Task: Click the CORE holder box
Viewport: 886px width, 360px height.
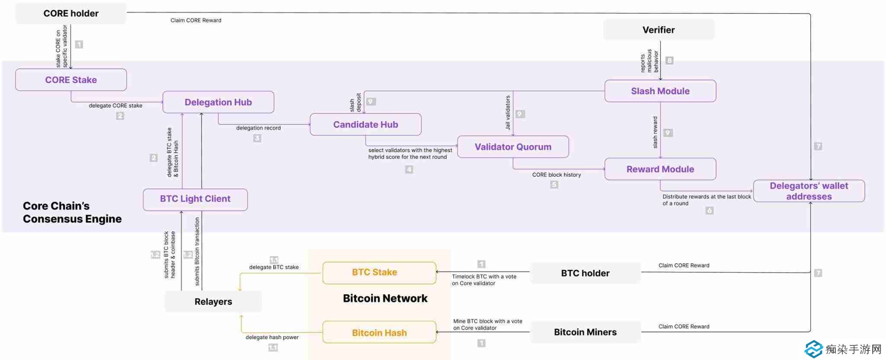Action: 71,13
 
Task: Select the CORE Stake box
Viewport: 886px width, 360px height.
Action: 71,80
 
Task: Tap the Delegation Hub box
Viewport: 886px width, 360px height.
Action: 218,102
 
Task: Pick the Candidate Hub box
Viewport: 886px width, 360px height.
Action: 366,125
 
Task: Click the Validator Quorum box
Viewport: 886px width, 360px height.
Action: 513,147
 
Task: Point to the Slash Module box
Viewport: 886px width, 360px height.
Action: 660,91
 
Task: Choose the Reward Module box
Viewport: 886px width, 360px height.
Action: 660,169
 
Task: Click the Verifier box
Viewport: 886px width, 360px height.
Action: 658,30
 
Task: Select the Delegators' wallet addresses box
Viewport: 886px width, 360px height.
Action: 809,191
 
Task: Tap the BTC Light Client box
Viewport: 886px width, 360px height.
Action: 195,199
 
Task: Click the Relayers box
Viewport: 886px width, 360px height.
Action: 213,302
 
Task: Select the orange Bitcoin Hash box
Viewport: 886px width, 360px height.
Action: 379,333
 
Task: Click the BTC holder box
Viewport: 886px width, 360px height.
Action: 585,273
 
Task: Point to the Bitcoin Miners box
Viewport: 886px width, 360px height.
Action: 585,332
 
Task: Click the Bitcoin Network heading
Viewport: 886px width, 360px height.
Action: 385,299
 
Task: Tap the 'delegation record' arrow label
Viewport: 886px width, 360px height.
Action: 258,128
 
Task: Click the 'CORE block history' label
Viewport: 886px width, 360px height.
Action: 556,175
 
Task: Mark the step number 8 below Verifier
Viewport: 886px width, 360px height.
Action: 669,61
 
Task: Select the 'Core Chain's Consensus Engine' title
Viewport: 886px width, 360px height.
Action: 72,212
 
